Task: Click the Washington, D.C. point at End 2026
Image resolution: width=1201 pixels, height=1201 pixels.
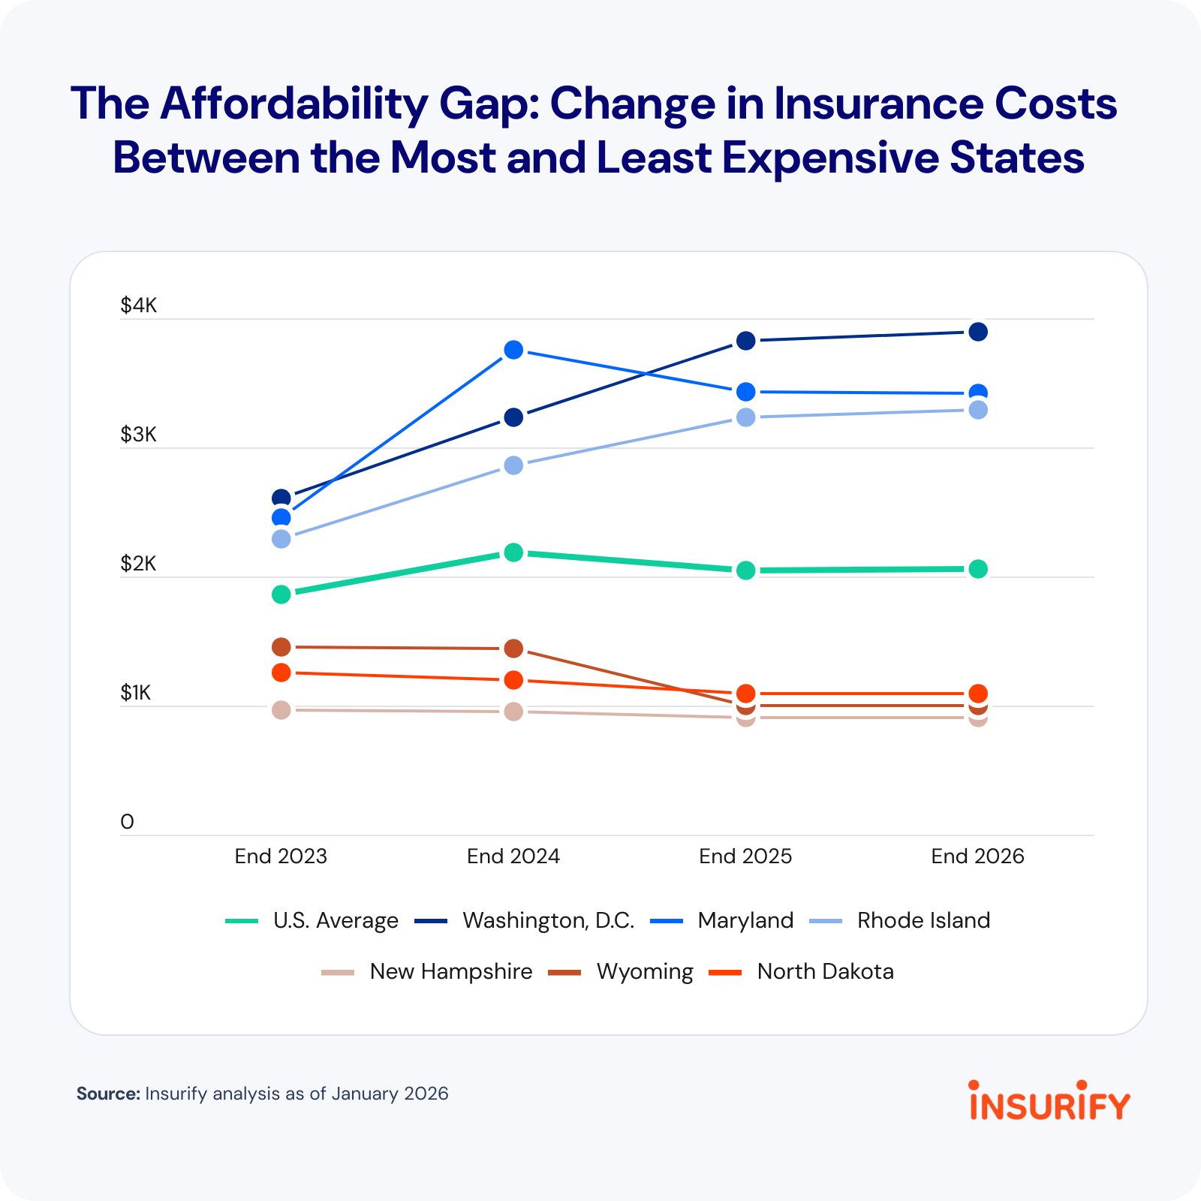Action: [x=977, y=332]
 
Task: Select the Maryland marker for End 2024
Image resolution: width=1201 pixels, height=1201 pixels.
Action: [x=513, y=350]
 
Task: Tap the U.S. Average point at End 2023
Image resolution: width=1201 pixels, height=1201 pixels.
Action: [x=281, y=594]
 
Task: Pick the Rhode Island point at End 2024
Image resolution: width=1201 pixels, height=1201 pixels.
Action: [x=513, y=465]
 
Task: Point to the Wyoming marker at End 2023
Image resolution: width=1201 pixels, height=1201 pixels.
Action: [x=281, y=647]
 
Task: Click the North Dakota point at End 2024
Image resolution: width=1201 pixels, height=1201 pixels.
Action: [x=513, y=680]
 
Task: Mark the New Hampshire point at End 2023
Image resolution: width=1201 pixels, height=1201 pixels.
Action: [x=281, y=710]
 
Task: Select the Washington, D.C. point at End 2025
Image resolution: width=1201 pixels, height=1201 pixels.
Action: [x=745, y=341]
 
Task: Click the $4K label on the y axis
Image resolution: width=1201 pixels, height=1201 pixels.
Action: [x=139, y=306]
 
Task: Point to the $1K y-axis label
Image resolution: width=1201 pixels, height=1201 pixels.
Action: [x=136, y=693]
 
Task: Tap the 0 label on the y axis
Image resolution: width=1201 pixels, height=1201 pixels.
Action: [x=127, y=822]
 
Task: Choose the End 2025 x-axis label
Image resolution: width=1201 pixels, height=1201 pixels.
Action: [x=745, y=856]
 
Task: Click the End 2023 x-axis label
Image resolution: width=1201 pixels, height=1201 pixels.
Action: [x=281, y=856]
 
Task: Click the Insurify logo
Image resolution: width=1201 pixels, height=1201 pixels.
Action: [x=1049, y=1102]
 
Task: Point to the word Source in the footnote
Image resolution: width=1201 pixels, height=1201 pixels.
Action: [x=108, y=1094]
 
